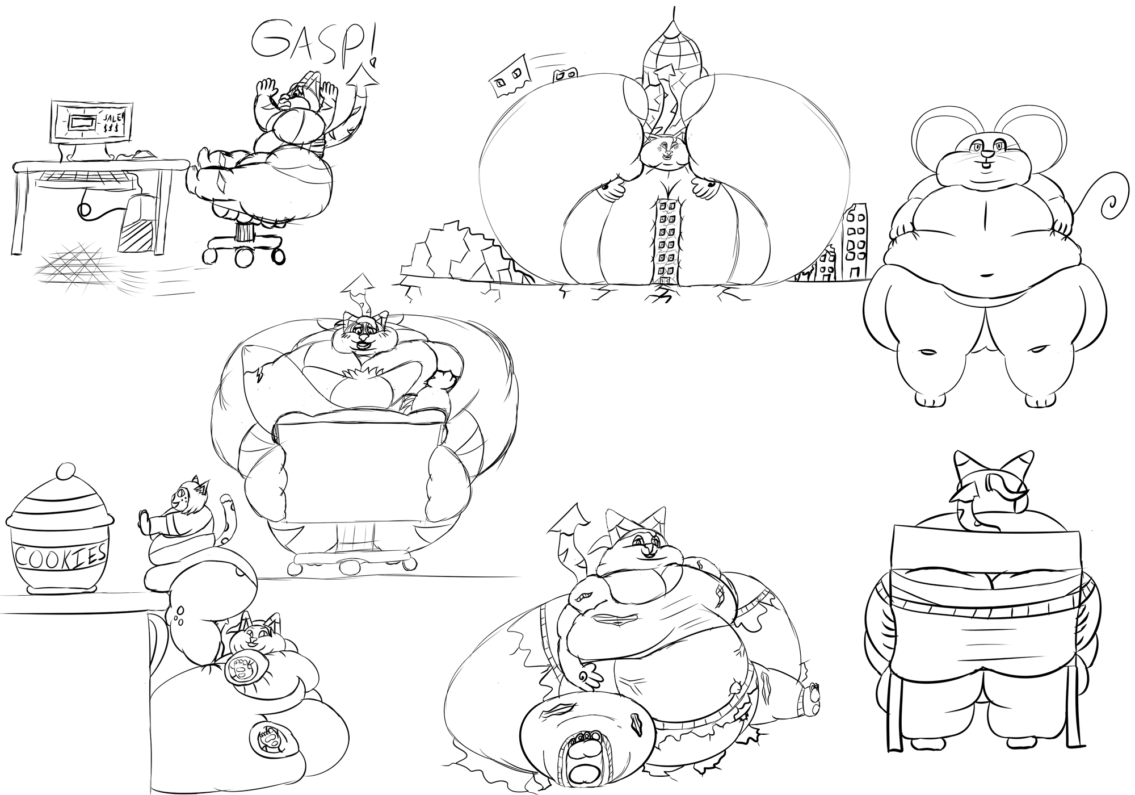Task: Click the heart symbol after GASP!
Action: (x=372, y=59)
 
